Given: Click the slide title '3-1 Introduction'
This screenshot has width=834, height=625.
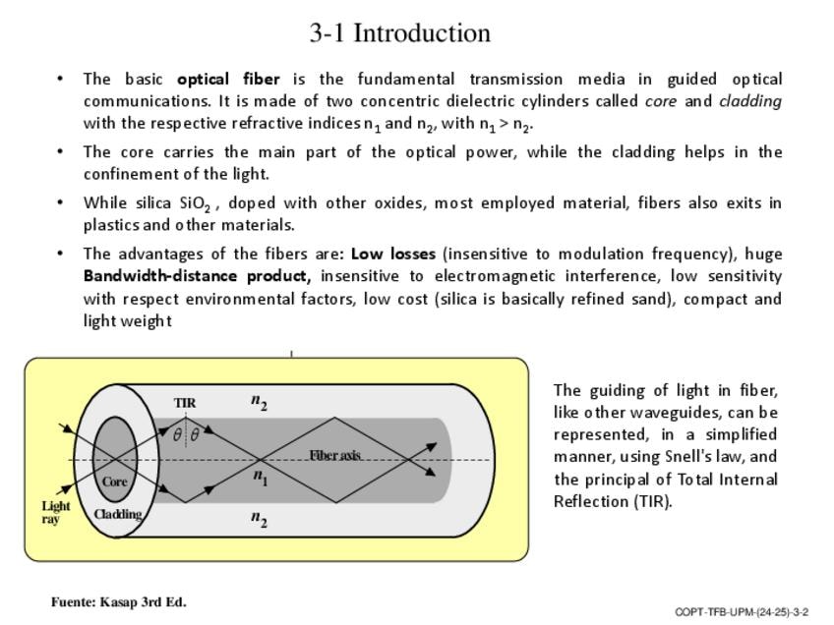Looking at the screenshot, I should [399, 33].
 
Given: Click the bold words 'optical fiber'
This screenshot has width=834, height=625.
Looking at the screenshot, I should [228, 79].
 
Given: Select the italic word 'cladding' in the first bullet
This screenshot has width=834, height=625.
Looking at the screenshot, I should [750, 101].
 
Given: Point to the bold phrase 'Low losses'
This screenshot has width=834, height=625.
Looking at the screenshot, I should [392, 254].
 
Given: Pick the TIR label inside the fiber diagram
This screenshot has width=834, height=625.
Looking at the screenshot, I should [185, 403].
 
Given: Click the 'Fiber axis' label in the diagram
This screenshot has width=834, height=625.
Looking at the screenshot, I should [335, 455].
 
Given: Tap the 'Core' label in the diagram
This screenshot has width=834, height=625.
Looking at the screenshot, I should [115, 482].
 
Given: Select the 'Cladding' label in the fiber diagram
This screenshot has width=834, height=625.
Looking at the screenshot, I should [118, 513].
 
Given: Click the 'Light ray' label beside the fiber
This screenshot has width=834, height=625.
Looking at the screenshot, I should [55, 512].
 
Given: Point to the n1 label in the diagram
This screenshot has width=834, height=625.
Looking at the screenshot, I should [260, 478].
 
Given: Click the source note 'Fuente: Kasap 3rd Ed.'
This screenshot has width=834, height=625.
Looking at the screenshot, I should [119, 602].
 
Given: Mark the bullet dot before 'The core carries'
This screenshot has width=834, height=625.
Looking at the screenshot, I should [62, 152].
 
